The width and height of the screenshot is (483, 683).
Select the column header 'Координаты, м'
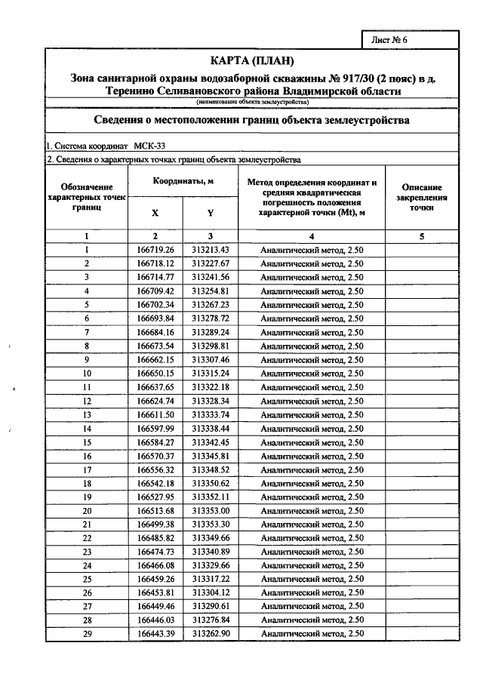(x=183, y=182)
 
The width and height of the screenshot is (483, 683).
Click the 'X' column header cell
(x=155, y=213)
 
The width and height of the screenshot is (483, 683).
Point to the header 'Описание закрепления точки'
(x=422, y=198)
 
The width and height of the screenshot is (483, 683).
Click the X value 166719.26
(x=155, y=250)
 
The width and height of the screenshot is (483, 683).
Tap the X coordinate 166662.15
(x=155, y=359)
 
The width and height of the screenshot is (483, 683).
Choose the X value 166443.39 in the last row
(x=155, y=633)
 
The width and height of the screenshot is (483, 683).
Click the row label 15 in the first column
(x=87, y=441)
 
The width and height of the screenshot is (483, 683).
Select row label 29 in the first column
(x=87, y=633)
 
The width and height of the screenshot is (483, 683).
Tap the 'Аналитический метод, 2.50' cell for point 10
(x=312, y=373)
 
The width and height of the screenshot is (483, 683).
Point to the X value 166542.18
(x=155, y=483)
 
